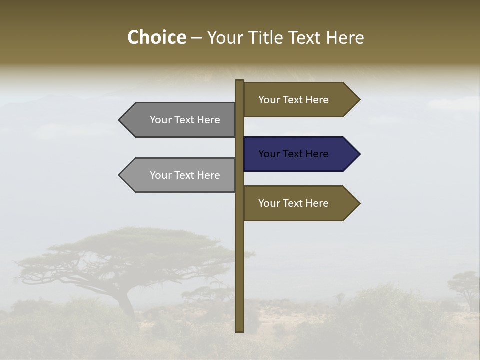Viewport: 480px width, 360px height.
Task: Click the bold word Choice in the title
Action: [x=156, y=37]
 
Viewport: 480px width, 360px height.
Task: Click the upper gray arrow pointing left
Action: [x=180, y=120]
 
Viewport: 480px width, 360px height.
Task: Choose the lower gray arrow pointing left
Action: [x=180, y=175]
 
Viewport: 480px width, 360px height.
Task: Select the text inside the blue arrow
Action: [x=293, y=154]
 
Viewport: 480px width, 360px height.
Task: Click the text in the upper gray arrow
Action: [x=185, y=120]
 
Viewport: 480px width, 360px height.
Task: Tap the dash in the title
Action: [x=196, y=38]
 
